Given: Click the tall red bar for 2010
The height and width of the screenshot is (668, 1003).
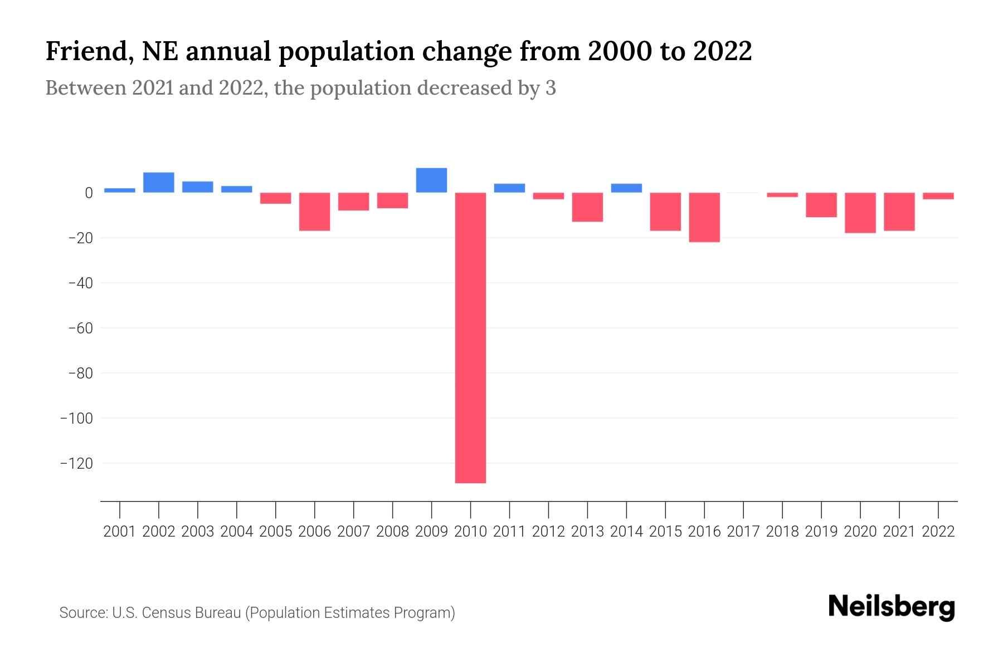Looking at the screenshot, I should coord(470,337).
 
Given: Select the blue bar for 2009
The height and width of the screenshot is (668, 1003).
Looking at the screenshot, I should coord(431,180).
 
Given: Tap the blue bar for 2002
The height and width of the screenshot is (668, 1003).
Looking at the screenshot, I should coord(159,183).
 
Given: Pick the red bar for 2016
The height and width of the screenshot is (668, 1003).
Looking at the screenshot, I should coord(704,217).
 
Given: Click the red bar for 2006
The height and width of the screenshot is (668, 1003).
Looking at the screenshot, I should coord(314,212).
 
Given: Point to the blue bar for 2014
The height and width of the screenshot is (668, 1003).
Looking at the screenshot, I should coord(626,188).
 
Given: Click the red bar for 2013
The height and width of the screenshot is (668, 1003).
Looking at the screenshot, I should coord(587,207).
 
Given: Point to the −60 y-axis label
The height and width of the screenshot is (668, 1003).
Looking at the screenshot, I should coord(80,328).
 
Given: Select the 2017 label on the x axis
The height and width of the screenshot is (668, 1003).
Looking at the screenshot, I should coord(743,532).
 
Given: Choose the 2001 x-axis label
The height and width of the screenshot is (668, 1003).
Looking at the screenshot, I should coord(120,532).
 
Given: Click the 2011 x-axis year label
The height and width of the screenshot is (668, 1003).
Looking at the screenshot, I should coord(509,532).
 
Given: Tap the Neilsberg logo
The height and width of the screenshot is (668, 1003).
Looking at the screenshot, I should coord(891,607).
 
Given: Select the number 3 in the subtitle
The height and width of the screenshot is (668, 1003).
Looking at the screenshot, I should coord(551,89).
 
